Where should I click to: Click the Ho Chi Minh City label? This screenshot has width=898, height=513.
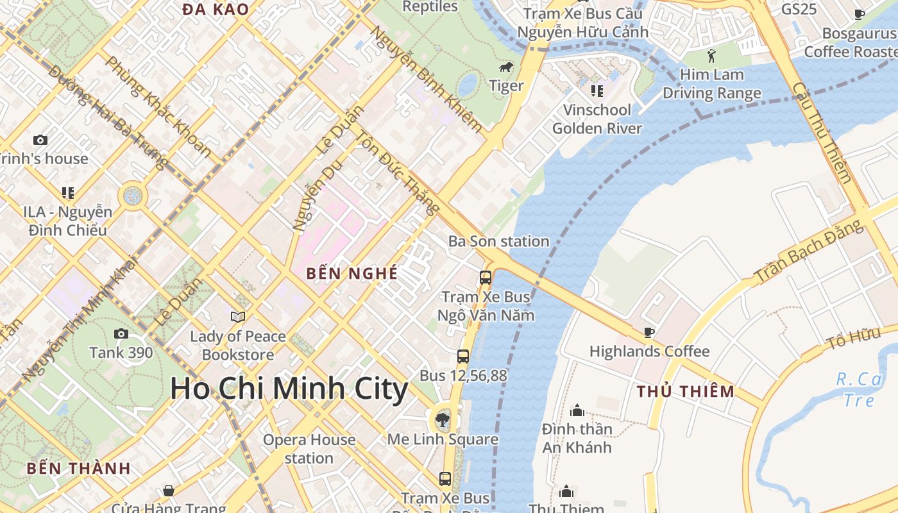[x=289, y=389]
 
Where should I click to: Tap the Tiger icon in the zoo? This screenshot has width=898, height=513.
[x=506, y=67]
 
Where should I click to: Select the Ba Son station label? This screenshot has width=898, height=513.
[x=498, y=241]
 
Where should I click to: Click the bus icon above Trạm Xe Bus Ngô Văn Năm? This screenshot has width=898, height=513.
[x=486, y=278]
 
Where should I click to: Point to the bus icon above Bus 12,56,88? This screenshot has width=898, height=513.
[x=463, y=357]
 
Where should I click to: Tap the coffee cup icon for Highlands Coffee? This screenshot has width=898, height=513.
[x=648, y=332]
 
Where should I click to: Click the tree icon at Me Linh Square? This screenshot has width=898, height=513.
[x=442, y=421]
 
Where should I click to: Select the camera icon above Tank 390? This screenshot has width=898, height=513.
[x=121, y=333]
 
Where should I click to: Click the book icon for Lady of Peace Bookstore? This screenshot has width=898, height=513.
[x=238, y=317]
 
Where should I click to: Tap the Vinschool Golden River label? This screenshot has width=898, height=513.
[x=597, y=119]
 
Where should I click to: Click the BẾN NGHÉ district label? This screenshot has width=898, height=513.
[x=352, y=274]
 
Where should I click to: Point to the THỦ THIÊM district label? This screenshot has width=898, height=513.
[x=685, y=391]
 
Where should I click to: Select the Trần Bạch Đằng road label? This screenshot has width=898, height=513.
[x=809, y=251]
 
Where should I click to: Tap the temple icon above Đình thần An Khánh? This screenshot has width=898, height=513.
[x=577, y=410]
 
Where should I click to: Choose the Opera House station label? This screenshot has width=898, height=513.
[x=309, y=449]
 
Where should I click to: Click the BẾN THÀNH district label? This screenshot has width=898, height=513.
[x=78, y=468]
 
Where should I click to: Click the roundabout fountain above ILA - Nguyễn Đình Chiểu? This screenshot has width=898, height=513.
[x=133, y=196]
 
